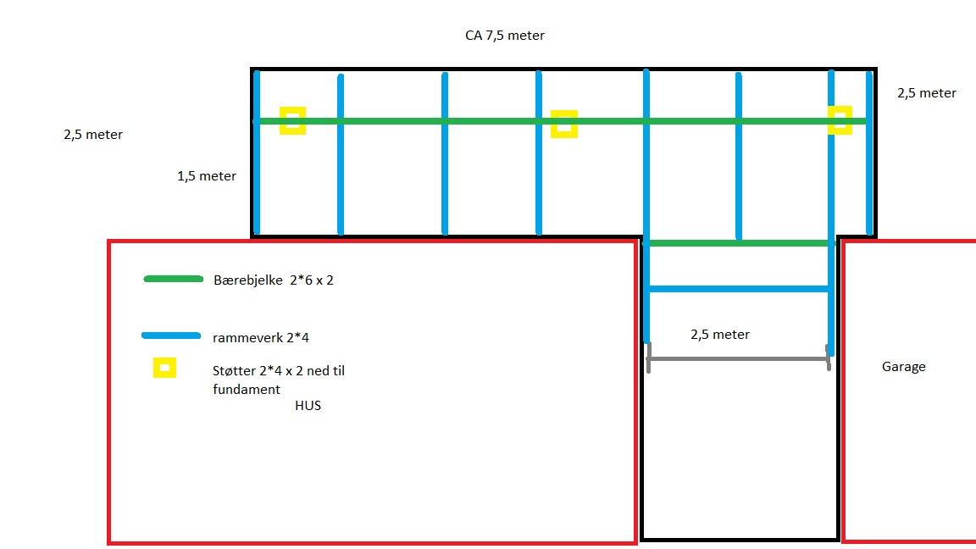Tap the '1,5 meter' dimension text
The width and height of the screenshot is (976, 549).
click(207, 176)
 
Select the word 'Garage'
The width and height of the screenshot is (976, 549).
click(903, 367)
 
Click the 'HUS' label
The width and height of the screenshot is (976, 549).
click(308, 406)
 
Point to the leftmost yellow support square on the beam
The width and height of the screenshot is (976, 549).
click(292, 120)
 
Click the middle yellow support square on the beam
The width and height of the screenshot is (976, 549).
click(563, 124)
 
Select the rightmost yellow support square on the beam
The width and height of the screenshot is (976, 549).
click(840, 119)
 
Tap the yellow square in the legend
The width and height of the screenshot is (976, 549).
click(164, 368)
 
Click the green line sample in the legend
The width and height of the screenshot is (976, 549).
click(174, 279)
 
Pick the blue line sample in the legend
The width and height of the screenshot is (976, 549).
click(171, 335)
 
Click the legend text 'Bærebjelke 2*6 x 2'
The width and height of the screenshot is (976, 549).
click(274, 280)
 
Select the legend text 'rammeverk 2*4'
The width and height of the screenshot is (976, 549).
click(260, 338)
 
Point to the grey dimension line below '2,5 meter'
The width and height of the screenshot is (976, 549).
click(737, 359)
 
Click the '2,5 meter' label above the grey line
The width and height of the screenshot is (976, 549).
click(720, 335)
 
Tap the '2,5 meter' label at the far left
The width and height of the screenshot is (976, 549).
click(93, 135)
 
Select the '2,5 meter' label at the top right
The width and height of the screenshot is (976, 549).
click(927, 93)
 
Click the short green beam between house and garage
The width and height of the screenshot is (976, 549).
click(737, 243)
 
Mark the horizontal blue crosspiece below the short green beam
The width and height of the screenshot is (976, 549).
click(737, 289)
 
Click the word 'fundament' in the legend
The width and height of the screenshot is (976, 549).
click(246, 389)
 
